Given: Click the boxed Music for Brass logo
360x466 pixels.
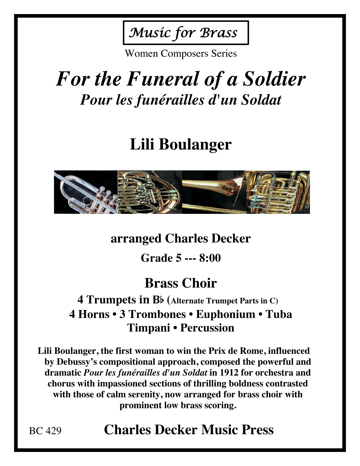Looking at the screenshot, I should [185, 33].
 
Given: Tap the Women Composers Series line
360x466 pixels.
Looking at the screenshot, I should [180, 54].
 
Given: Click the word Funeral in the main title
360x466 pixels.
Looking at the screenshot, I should [163, 79].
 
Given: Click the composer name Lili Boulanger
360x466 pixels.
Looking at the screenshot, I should [180, 144].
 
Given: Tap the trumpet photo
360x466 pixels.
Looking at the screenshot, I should [86, 192].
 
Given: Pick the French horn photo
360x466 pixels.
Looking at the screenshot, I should [150, 192].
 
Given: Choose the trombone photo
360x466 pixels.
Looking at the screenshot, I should [214, 192].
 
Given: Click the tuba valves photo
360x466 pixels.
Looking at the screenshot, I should [278, 192].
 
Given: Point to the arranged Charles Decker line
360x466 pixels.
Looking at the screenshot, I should [180, 238].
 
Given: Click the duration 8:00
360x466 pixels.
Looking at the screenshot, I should [210, 258].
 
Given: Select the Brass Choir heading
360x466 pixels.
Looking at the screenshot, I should [180, 283].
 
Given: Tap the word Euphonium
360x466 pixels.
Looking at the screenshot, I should [225, 314].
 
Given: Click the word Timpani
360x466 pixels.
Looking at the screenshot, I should [148, 328].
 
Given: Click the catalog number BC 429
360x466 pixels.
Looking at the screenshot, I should [45, 431].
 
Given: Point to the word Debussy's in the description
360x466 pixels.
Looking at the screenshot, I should [77, 362].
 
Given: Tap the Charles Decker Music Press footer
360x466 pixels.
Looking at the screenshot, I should [189, 430].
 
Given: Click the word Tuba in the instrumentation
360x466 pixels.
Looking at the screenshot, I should [279, 314].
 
